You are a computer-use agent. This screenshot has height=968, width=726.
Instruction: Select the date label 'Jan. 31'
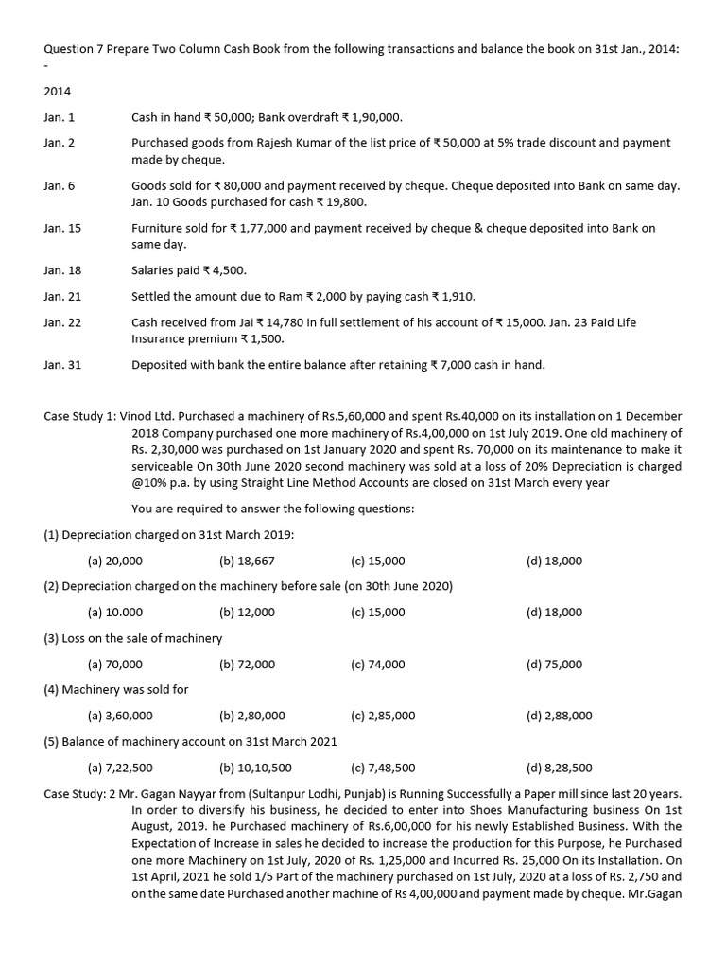tap(62, 364)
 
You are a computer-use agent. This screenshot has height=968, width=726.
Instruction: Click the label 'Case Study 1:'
tap(82, 416)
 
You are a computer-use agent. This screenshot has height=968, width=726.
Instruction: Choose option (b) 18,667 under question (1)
tap(247, 561)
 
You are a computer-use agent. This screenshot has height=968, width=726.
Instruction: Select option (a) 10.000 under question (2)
tap(114, 612)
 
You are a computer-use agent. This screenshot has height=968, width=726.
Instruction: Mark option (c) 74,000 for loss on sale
tap(377, 664)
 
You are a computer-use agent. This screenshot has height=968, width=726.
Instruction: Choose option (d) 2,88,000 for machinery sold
tap(559, 716)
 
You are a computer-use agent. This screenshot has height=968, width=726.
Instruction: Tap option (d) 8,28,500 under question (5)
tap(559, 768)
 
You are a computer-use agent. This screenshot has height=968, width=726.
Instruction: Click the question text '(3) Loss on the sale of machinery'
tap(133, 638)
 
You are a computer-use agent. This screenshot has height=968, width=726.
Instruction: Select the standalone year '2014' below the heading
tap(58, 92)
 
